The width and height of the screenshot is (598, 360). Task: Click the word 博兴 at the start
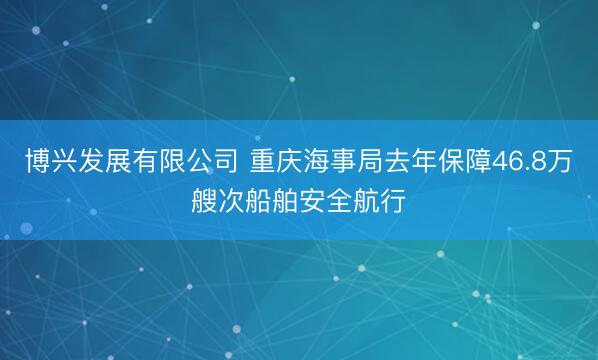[x=49, y=161]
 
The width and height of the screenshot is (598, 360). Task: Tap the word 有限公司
[x=187, y=161]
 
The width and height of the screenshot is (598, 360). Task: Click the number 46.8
[x=521, y=161]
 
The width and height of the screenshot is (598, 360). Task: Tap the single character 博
[x=36, y=161]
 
